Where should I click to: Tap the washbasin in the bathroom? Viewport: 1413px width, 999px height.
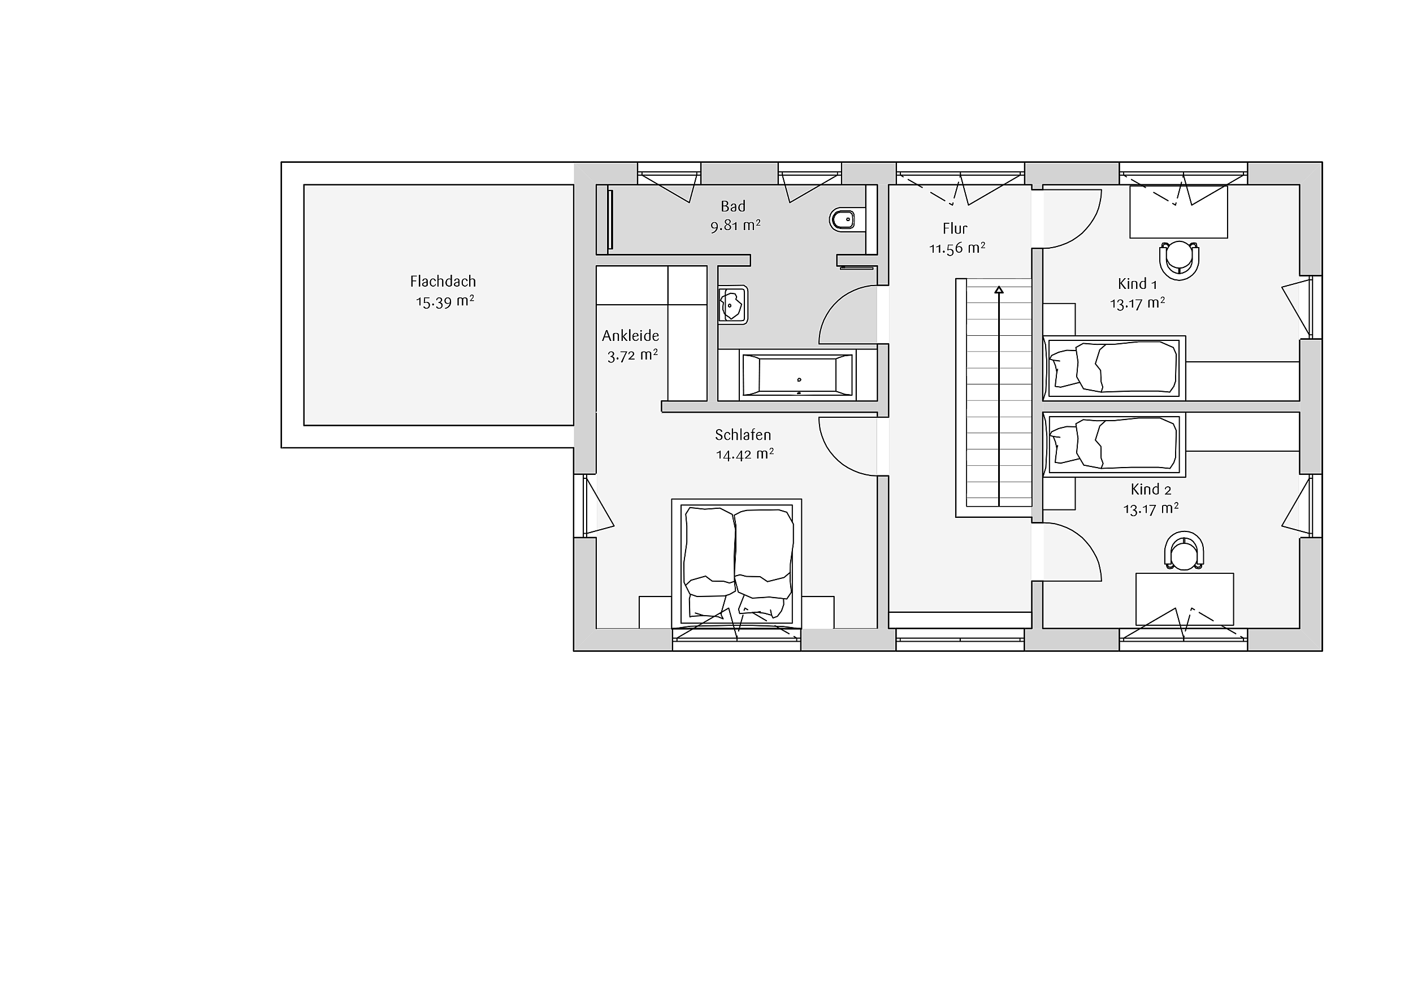click(732, 305)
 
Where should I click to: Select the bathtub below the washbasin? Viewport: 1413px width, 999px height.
click(797, 375)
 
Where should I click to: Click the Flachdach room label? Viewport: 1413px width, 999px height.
click(443, 282)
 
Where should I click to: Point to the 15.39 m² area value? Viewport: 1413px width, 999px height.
click(445, 301)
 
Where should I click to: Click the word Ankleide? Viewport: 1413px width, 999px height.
click(630, 335)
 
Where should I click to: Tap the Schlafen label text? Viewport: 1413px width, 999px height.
click(743, 435)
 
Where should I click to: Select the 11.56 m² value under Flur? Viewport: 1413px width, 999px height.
click(957, 248)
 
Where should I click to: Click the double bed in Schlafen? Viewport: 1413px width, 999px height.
click(736, 564)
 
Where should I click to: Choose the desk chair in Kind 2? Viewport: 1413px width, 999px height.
click(1184, 551)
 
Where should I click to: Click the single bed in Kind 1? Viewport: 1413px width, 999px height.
click(1115, 368)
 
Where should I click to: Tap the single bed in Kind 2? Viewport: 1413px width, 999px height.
click(1115, 444)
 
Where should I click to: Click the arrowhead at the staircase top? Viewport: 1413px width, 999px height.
click(999, 289)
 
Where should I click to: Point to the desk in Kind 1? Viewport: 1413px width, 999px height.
click(1178, 212)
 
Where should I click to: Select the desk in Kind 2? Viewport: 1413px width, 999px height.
click(1185, 599)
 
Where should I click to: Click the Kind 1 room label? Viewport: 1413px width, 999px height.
click(1137, 284)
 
